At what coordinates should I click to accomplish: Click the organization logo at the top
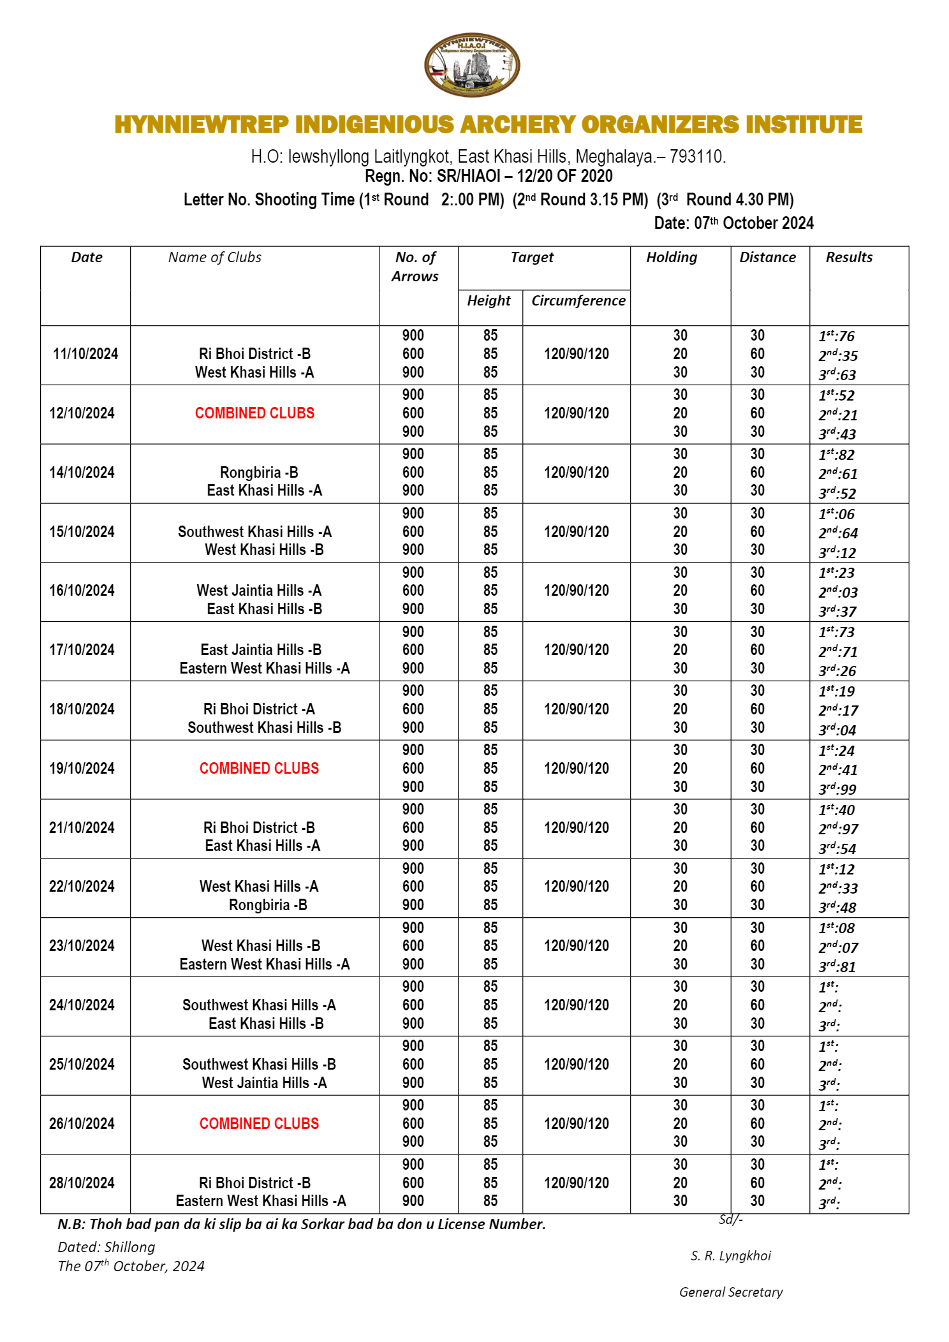coord(472,65)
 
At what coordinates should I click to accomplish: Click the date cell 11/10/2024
coord(85,354)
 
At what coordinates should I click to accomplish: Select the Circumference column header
coord(578,300)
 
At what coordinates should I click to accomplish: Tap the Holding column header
coord(672,257)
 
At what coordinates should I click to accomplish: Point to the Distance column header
coord(767,257)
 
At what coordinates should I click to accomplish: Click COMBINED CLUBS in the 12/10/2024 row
coord(254,413)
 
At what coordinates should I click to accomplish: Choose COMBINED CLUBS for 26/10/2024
coord(259,1123)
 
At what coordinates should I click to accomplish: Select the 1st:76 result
coord(837,336)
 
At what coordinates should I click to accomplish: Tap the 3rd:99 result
coord(837,789)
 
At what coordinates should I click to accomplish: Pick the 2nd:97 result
coord(838,829)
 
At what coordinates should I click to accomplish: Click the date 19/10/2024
coord(82,769)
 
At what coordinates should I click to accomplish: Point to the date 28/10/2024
coord(82,1183)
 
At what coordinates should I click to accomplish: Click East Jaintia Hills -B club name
coord(261,650)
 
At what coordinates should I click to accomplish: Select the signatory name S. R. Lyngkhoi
coord(731,1256)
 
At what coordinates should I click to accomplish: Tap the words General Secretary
coord(731,1292)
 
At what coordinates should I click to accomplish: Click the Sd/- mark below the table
coord(731,1220)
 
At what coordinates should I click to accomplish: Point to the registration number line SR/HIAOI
coord(489,176)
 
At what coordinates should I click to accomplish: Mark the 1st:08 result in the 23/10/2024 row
coord(837,928)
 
